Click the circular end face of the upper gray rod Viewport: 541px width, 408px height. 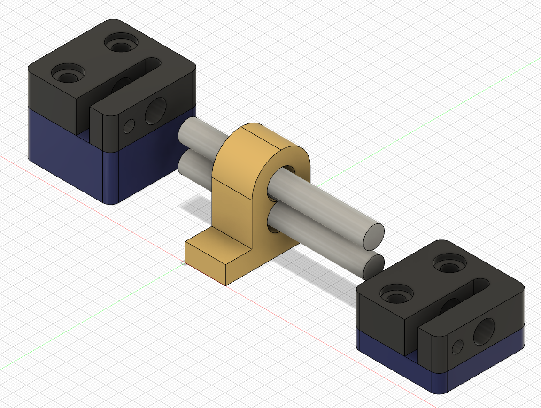pyautogui.click(x=374, y=236)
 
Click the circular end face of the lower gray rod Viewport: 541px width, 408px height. pyautogui.click(x=374, y=266)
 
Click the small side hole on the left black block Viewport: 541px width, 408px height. pyautogui.click(x=129, y=125)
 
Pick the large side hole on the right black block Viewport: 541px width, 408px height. pyautogui.click(x=484, y=331)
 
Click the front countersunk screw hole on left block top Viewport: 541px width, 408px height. pyautogui.click(x=68, y=74)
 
